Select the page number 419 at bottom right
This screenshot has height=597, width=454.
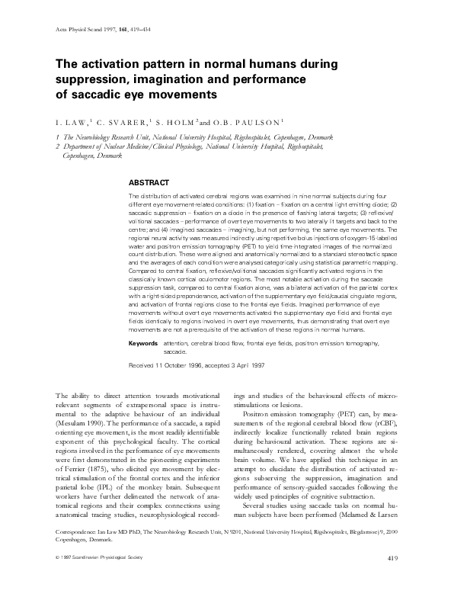(x=393, y=582)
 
